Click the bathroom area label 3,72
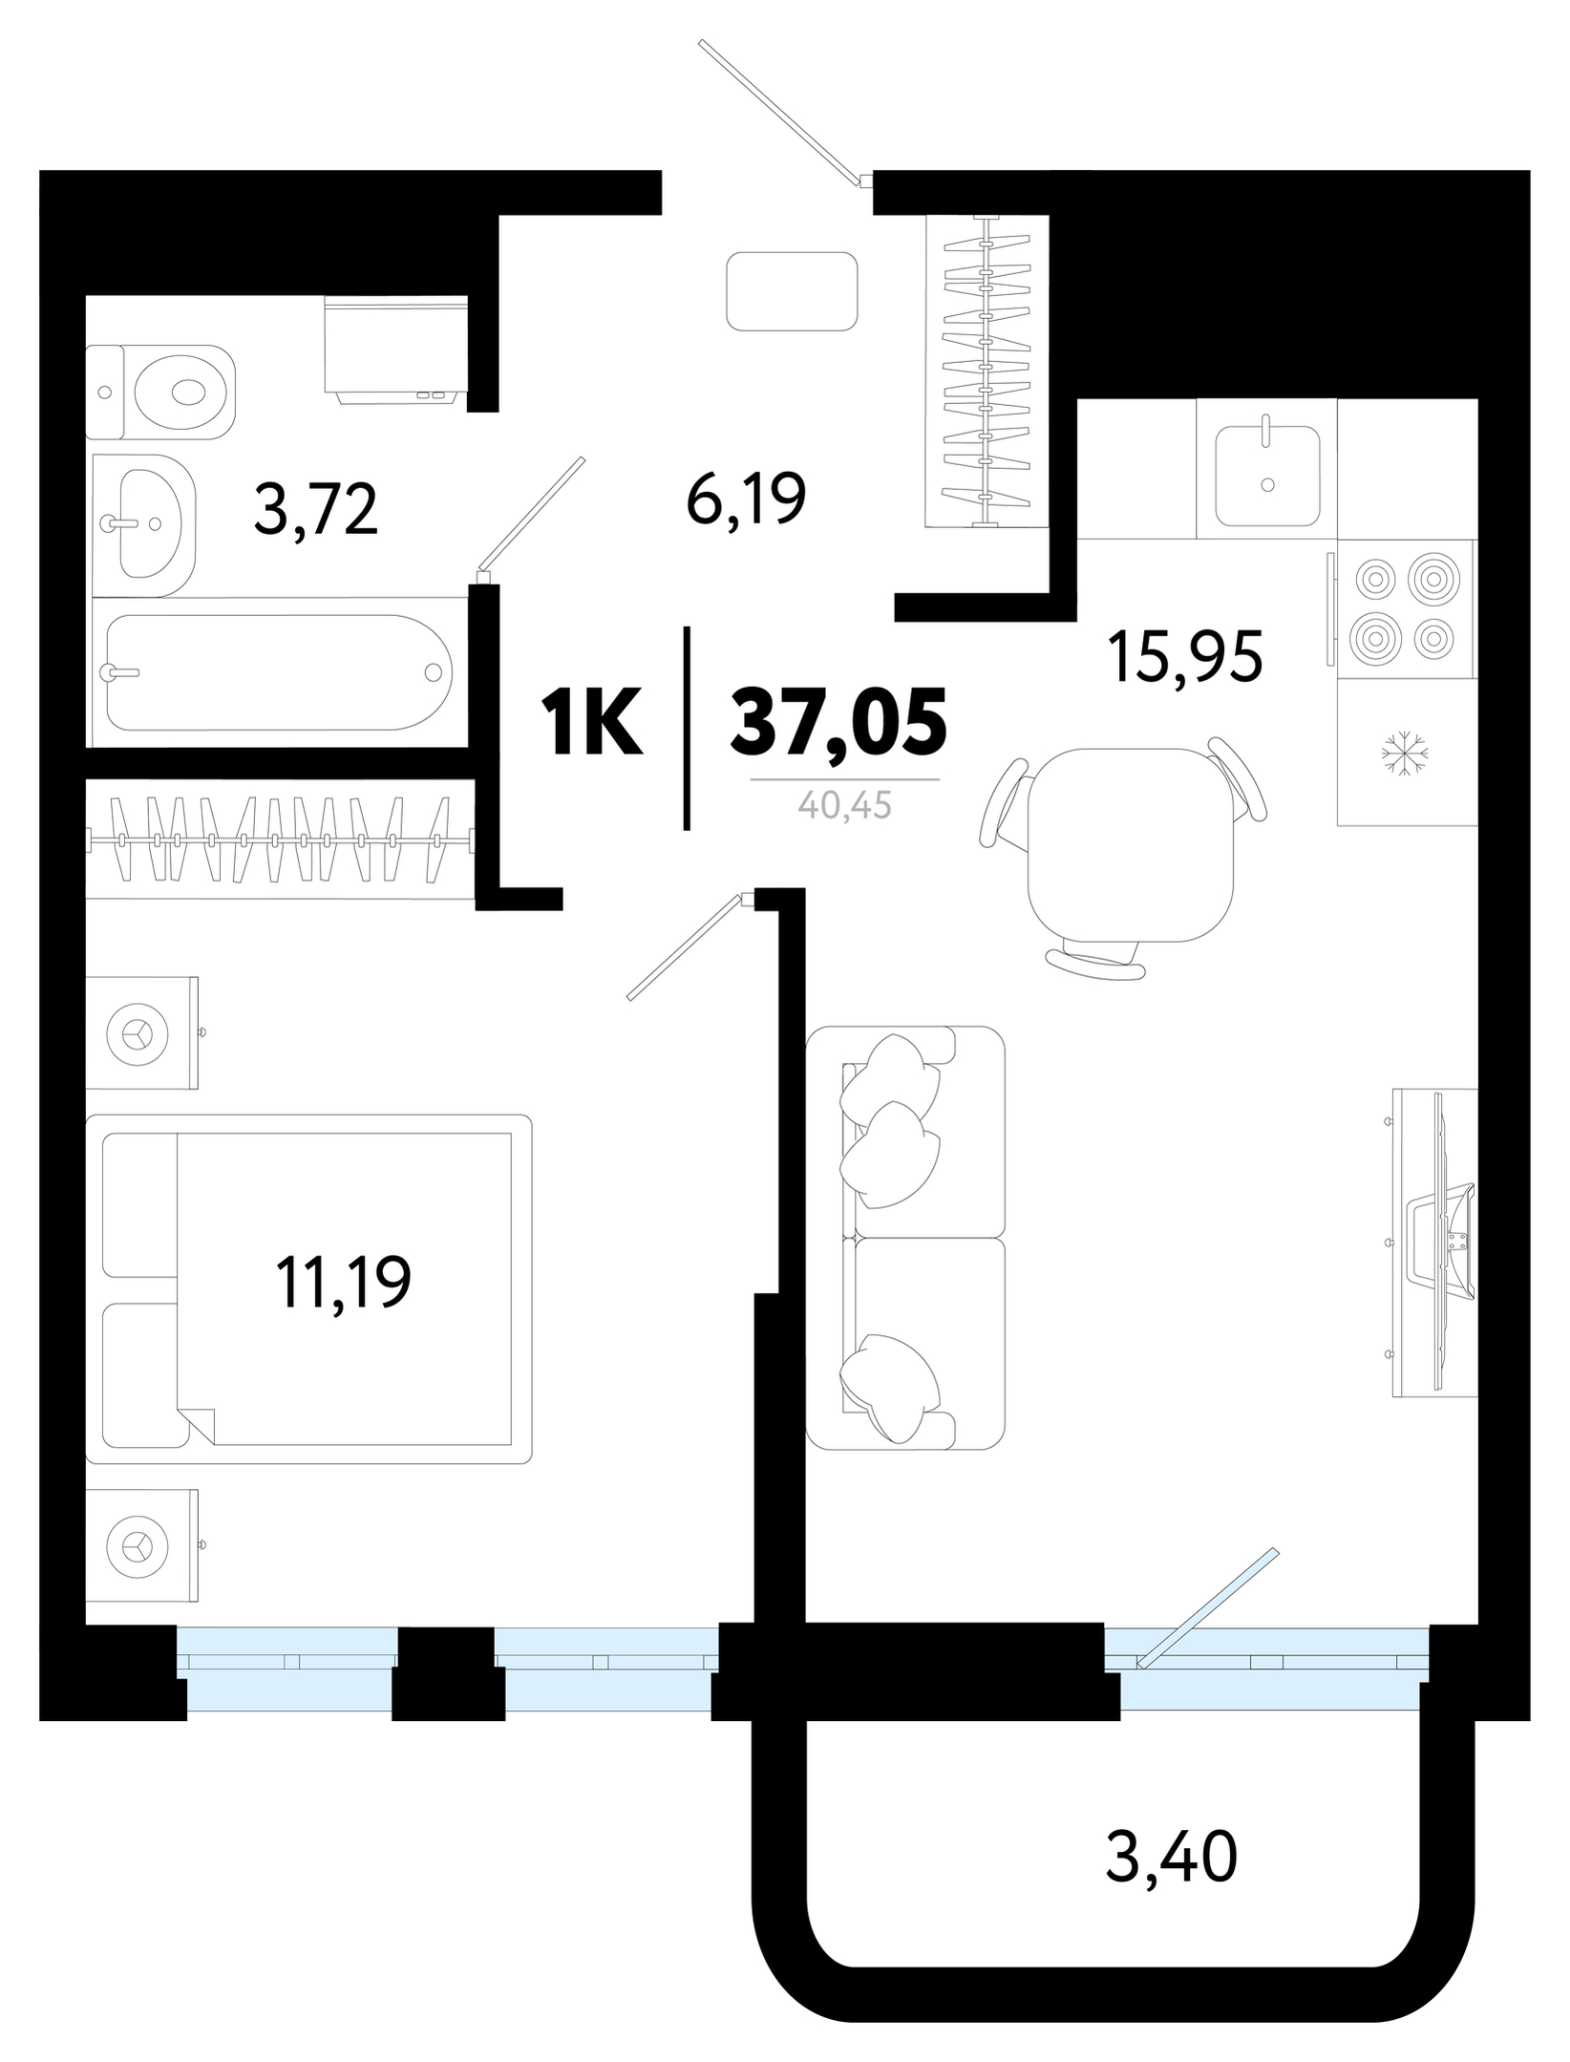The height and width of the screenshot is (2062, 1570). (316, 511)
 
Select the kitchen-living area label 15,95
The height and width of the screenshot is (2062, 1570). (1184, 656)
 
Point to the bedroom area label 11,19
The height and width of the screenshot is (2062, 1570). (343, 1282)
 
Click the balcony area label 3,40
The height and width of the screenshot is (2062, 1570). (1171, 1858)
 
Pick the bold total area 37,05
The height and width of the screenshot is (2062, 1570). (838, 721)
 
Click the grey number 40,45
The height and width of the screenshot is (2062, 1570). (844, 806)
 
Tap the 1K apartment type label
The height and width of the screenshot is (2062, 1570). (591, 722)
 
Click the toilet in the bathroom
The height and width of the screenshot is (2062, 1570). (160, 393)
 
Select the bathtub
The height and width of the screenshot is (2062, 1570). (278, 672)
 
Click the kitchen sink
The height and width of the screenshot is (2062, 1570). (1267, 476)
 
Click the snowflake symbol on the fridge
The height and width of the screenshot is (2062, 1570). (1405, 753)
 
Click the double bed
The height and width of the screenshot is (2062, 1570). (308, 1288)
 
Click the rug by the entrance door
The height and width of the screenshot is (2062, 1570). (792, 291)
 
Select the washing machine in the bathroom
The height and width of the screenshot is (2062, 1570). (395, 349)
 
